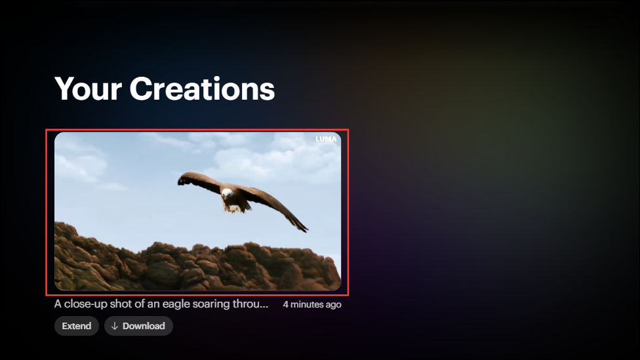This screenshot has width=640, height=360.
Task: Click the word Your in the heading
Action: point(88,89)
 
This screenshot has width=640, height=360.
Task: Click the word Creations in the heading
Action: point(203,89)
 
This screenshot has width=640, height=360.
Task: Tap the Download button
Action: point(138,326)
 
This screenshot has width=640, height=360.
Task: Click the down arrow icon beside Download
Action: point(115,326)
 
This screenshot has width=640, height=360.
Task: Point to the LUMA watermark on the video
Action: point(326,139)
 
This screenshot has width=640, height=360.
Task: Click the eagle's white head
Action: point(227,193)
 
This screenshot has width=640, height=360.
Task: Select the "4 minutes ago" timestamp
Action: point(312,304)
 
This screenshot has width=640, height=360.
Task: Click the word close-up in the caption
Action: point(86,304)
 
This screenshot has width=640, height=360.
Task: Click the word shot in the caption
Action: point(119,304)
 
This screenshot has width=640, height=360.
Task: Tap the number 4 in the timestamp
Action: point(286,304)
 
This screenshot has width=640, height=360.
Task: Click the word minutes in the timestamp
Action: point(307,304)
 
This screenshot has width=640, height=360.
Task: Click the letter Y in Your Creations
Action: point(65,89)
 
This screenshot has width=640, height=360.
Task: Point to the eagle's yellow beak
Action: point(226,197)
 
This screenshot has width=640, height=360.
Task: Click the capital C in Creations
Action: point(141,89)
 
